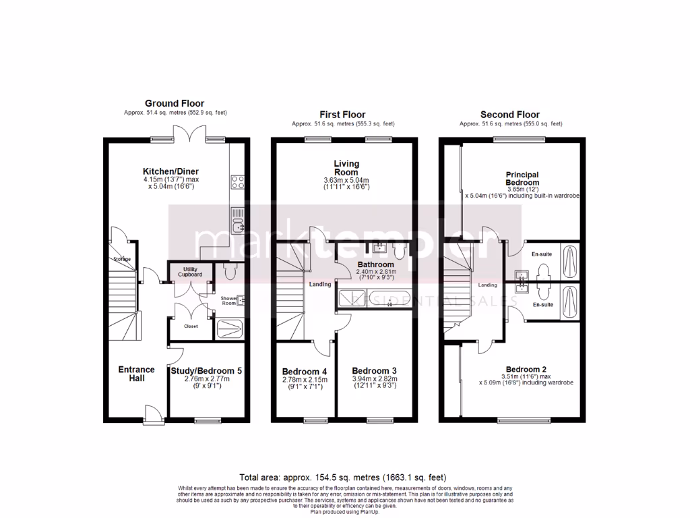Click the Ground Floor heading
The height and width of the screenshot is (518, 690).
pyautogui.click(x=175, y=103)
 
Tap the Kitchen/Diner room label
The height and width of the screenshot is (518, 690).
pyautogui.click(x=170, y=171)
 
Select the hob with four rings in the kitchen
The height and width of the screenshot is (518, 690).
pyautogui.click(x=238, y=182)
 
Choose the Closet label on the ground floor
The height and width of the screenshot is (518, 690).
pyautogui.click(x=191, y=326)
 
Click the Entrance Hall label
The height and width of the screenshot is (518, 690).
pyautogui.click(x=136, y=374)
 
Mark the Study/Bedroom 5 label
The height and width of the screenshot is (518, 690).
pyautogui.click(x=202, y=371)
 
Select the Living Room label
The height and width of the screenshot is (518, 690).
pyautogui.click(x=346, y=167)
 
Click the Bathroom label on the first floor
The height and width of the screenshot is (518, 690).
pyautogui.click(x=375, y=264)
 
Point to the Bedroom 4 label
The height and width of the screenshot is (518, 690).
pyautogui.click(x=305, y=372)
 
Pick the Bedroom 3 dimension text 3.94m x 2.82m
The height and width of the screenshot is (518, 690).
pyautogui.click(x=375, y=380)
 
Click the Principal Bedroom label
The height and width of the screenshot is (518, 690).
pyautogui.click(x=522, y=179)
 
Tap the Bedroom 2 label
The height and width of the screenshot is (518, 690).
pyautogui.click(x=526, y=369)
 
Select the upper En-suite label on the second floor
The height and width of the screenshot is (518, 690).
pyautogui.click(x=542, y=254)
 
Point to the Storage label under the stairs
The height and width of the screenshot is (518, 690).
pyautogui.click(x=121, y=259)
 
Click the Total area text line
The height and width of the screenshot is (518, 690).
pyautogui.click(x=342, y=477)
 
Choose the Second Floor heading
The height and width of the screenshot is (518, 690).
pyautogui.click(x=510, y=115)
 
